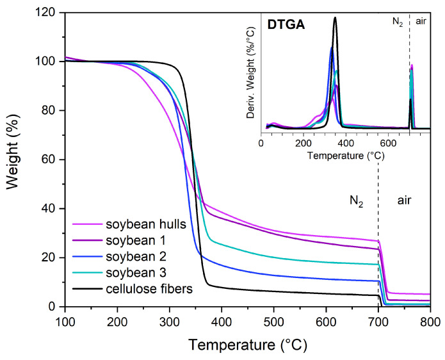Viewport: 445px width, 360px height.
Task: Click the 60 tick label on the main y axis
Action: click(x=51, y=160)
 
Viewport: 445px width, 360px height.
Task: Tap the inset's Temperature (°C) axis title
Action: click(x=346, y=155)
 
